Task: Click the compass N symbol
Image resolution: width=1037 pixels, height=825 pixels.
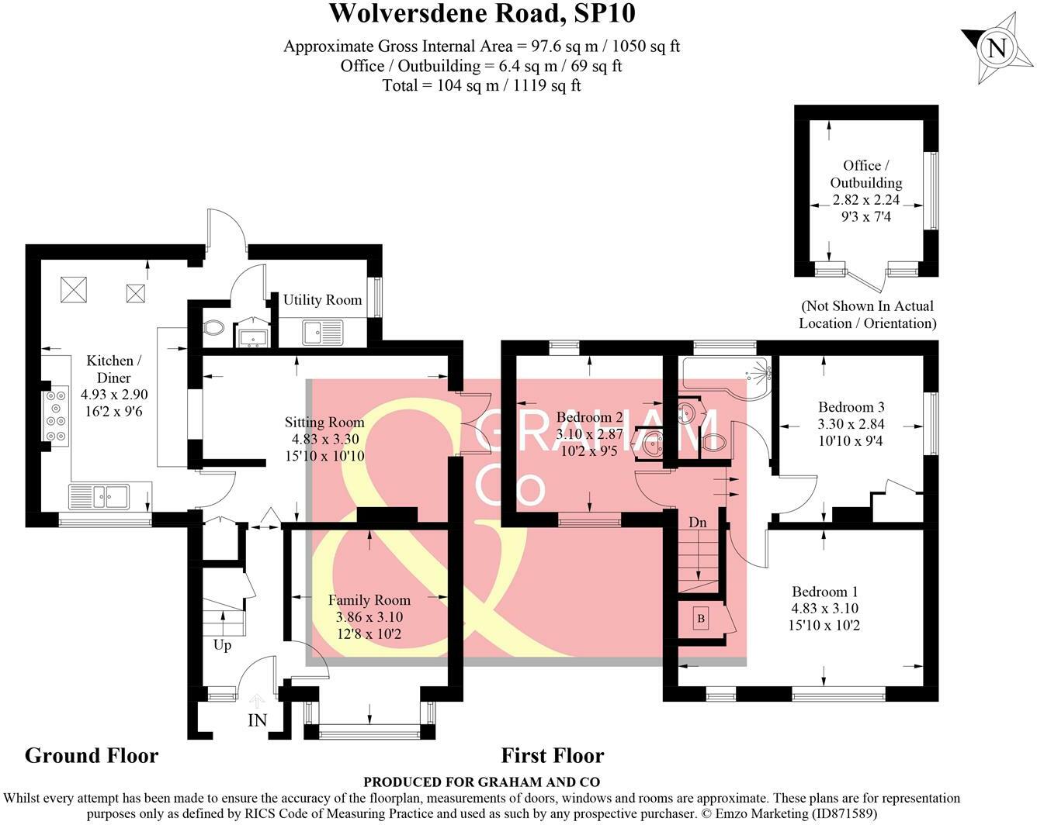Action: (x=997, y=48)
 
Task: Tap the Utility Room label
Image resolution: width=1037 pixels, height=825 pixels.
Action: (x=322, y=300)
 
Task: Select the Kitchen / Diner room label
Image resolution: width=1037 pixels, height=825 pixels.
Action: (x=109, y=369)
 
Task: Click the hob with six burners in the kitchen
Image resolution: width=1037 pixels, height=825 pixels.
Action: (x=57, y=416)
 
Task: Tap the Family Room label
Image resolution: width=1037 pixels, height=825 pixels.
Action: (x=369, y=600)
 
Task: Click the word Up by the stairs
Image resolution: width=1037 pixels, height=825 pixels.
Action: (x=222, y=645)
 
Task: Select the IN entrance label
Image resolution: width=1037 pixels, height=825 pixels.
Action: (x=257, y=720)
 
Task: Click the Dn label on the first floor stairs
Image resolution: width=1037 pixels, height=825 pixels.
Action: (x=698, y=523)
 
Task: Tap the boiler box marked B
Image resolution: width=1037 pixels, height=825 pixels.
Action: (x=701, y=618)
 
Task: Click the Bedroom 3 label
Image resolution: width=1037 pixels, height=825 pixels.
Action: (x=851, y=407)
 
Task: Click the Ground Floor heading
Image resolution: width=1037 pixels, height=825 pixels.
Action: (x=92, y=755)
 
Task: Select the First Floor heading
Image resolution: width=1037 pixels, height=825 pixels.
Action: (x=552, y=755)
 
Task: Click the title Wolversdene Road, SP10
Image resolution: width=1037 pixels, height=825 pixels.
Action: (x=482, y=14)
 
